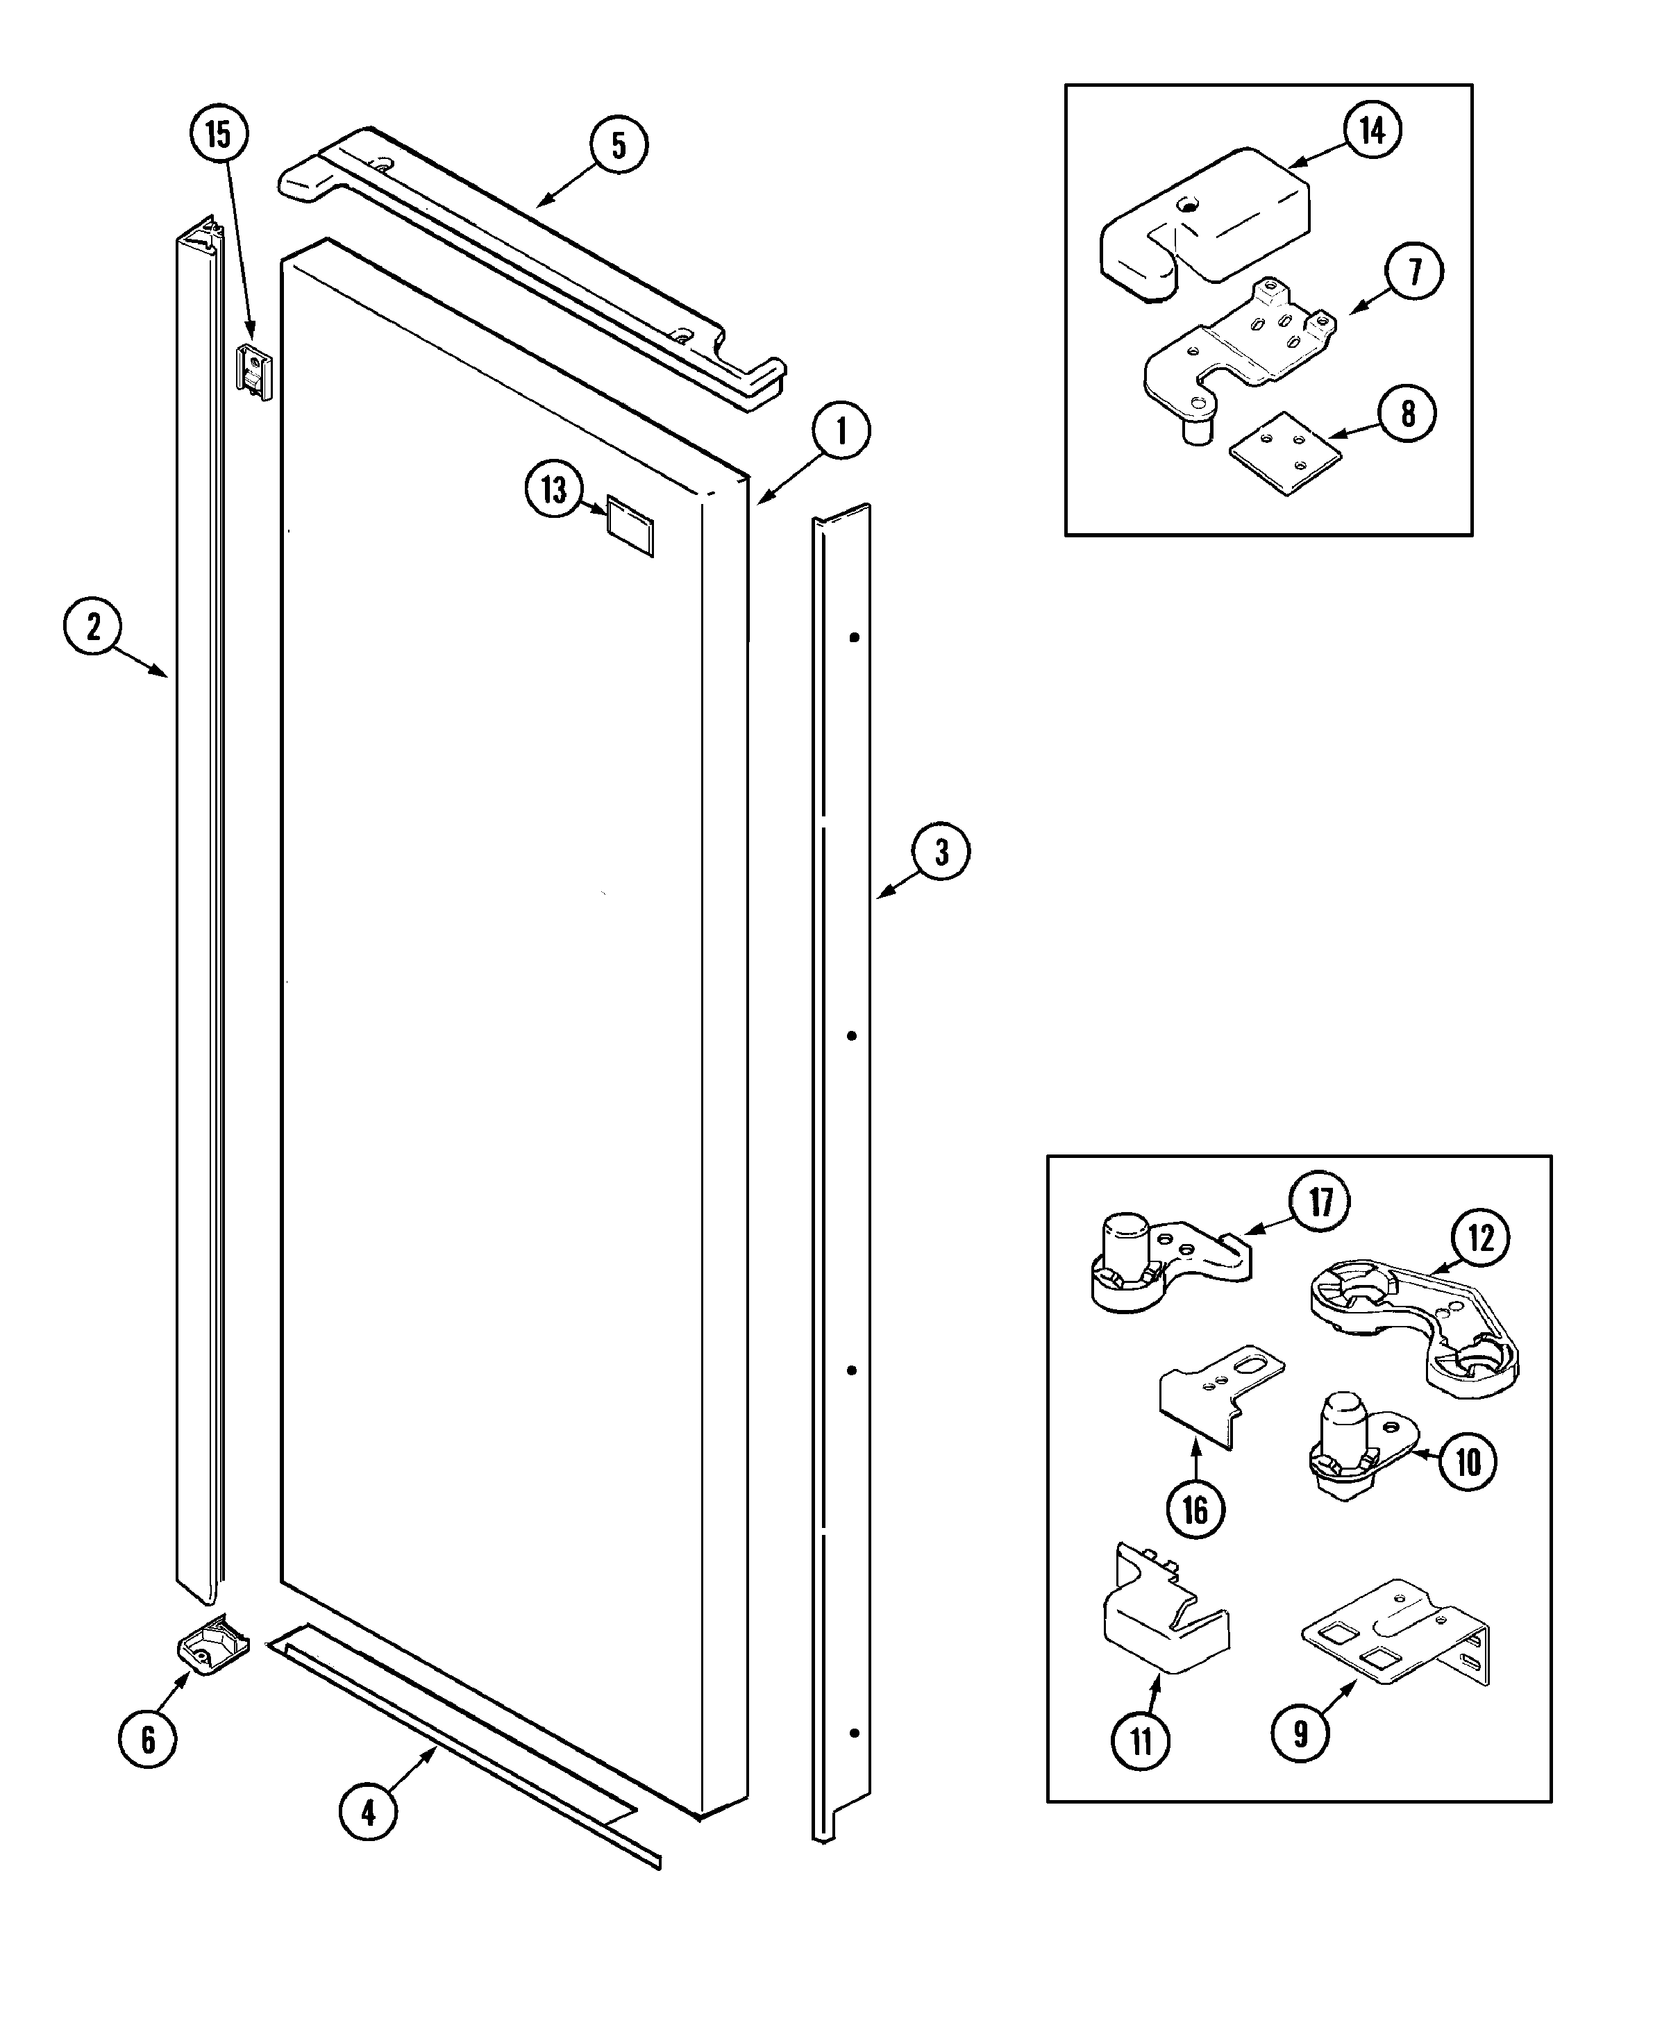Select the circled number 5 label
click(x=619, y=146)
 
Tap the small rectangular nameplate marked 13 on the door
click(x=630, y=526)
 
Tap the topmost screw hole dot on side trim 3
click(x=855, y=637)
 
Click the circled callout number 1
click(x=841, y=431)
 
